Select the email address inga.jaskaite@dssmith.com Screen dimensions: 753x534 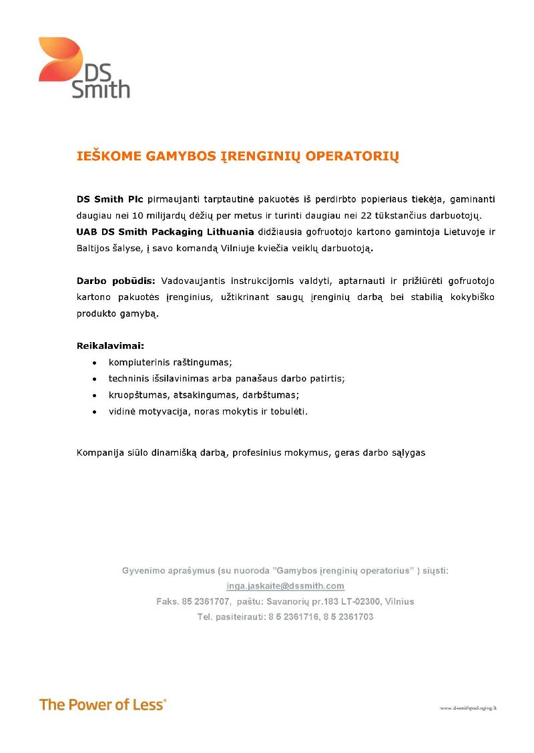[286, 586]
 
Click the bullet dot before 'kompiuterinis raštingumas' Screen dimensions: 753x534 [95, 363]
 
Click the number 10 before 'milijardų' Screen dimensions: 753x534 [148, 216]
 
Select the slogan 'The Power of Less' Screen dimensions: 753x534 [103, 704]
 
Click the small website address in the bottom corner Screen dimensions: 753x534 [469, 707]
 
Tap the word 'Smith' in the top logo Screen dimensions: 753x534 [101, 90]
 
